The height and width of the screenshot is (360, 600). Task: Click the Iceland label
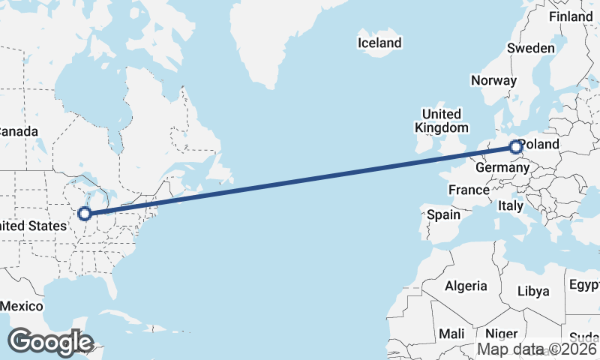click(x=379, y=43)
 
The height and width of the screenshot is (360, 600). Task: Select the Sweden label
click(x=530, y=48)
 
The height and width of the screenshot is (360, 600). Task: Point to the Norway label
click(x=493, y=80)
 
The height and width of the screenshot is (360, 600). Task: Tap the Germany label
click(x=502, y=168)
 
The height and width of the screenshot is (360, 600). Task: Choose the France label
click(x=469, y=190)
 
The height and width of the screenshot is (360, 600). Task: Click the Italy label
click(x=511, y=205)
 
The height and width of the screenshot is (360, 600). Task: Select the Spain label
click(x=443, y=214)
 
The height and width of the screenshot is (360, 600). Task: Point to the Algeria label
click(x=466, y=286)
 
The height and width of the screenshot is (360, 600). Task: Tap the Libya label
click(x=533, y=291)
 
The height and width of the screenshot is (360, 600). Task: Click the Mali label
click(x=451, y=334)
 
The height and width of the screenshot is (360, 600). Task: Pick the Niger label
click(x=502, y=334)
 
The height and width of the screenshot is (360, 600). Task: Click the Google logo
click(x=50, y=342)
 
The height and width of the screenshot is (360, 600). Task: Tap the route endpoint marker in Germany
click(x=516, y=148)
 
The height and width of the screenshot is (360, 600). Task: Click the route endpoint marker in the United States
click(x=85, y=214)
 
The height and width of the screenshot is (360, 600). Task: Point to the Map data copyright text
click(x=538, y=349)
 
